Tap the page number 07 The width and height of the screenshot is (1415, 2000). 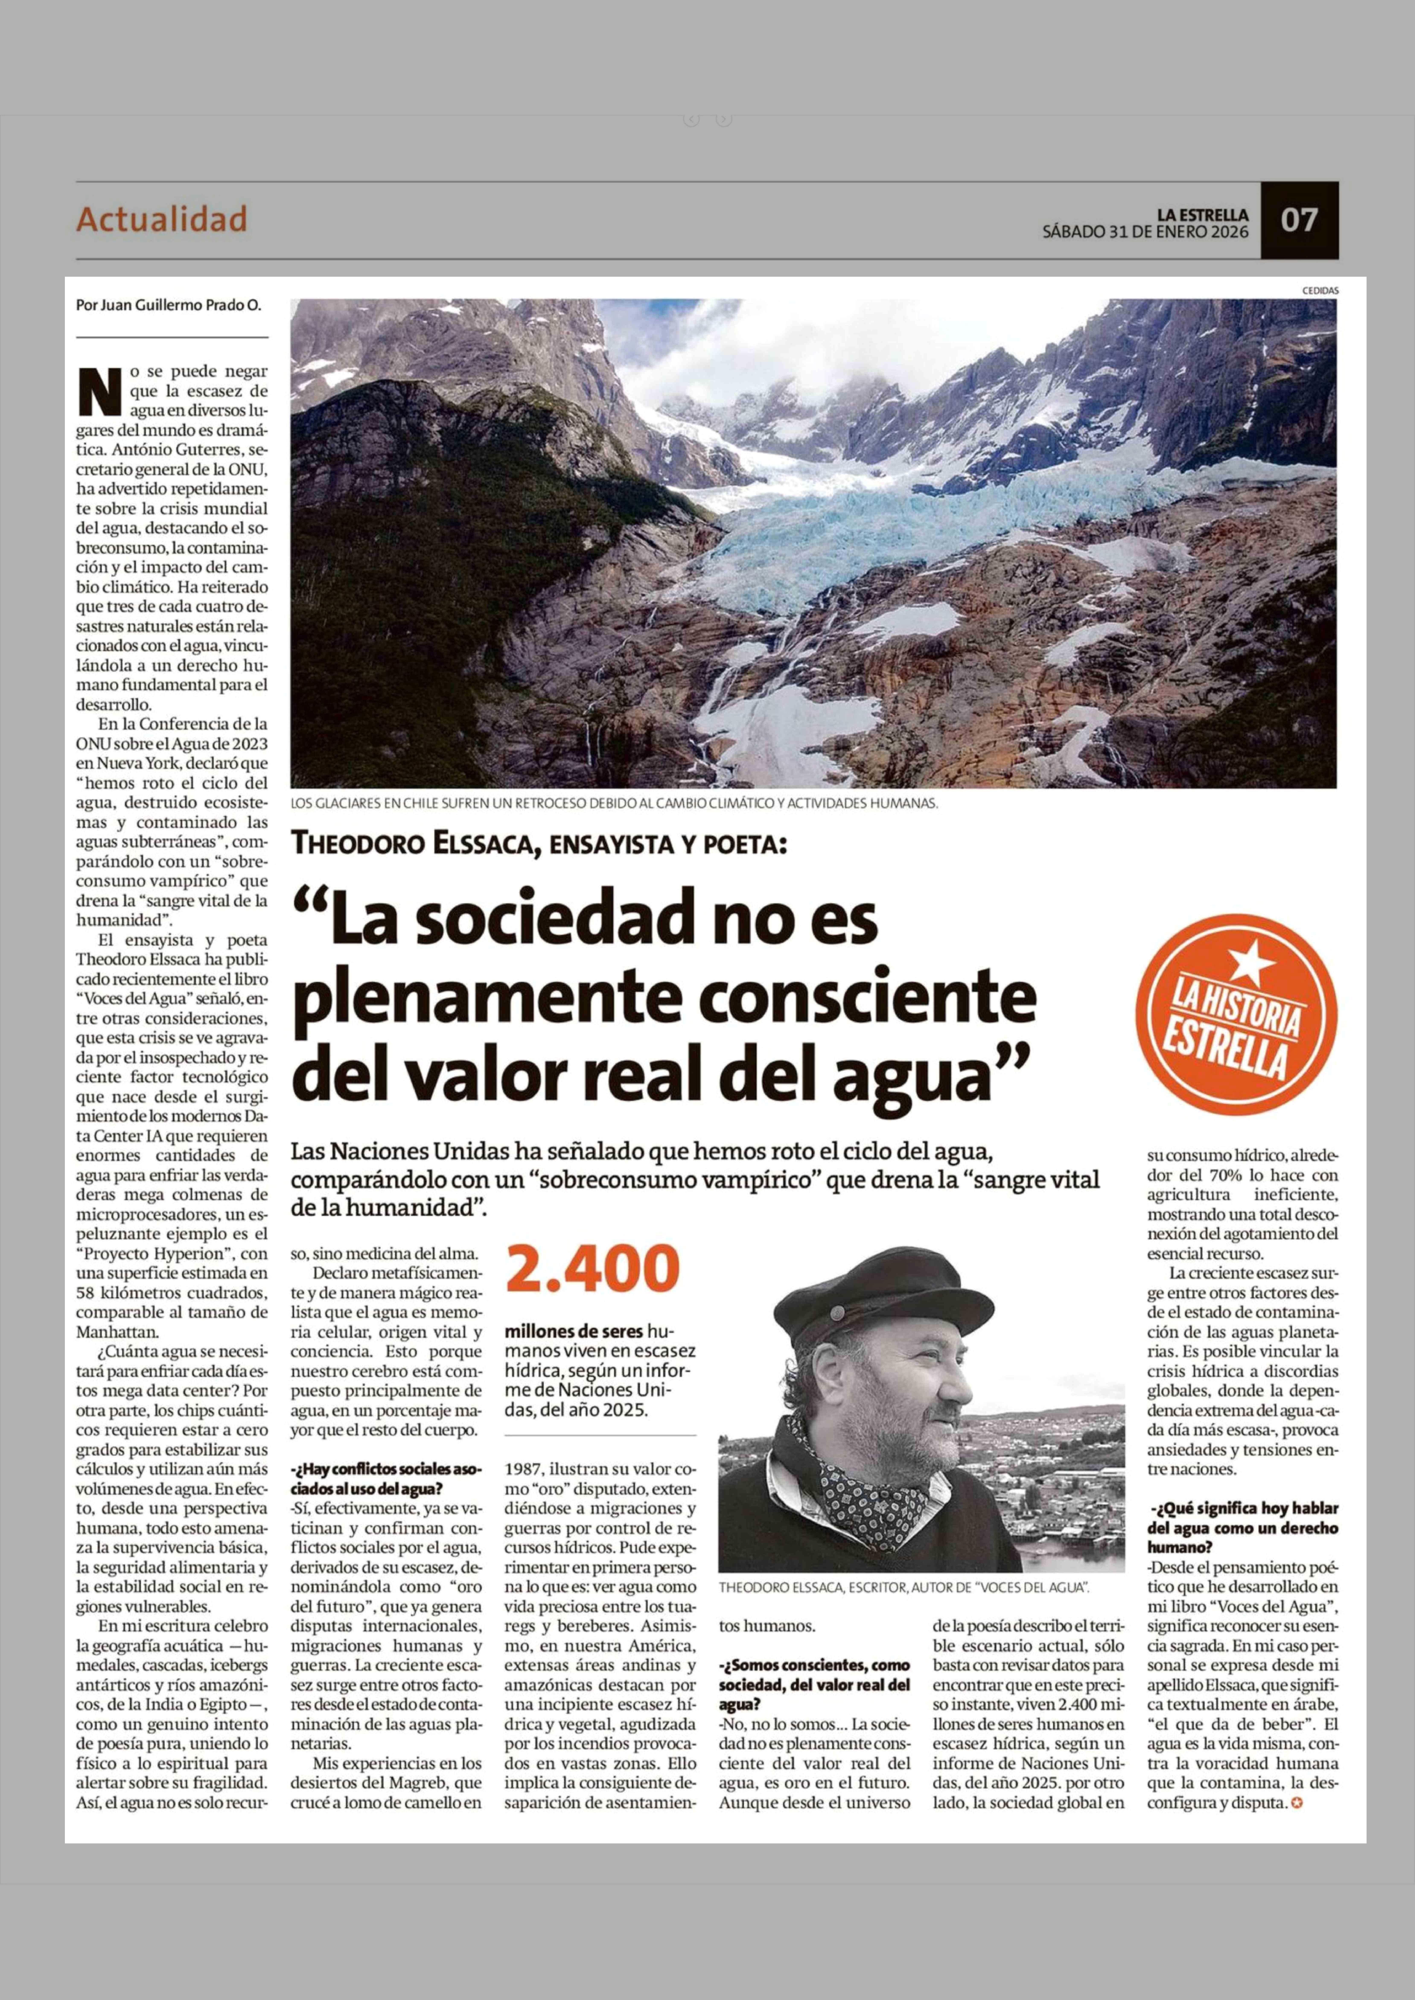1298,220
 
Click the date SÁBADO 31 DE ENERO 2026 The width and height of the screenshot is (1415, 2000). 1145,233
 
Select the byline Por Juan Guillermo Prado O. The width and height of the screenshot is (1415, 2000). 168,306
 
